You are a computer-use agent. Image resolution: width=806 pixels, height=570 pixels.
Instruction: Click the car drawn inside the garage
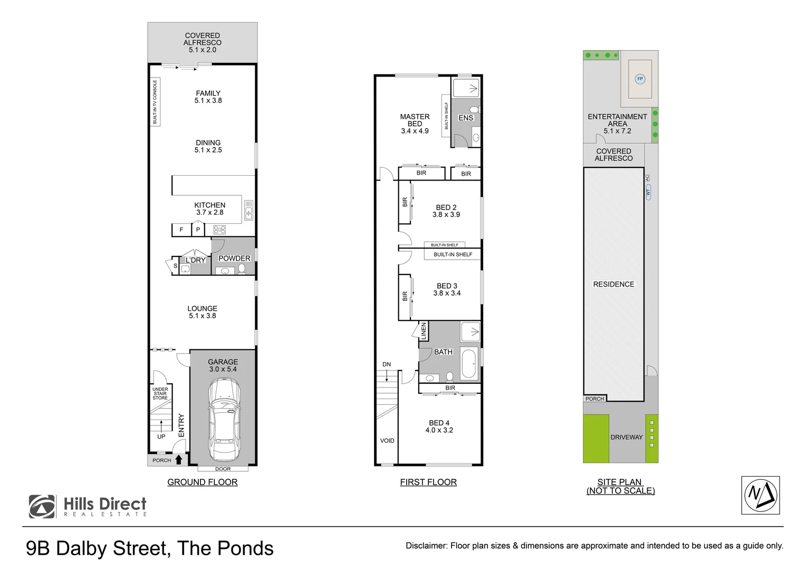click(224, 420)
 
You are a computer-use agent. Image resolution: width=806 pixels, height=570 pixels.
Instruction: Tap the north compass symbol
click(760, 495)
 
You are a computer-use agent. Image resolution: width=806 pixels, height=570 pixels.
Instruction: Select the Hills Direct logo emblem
click(42, 506)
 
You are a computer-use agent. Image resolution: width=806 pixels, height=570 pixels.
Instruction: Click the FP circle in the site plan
click(640, 79)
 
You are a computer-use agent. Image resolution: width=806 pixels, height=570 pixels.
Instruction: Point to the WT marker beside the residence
click(648, 192)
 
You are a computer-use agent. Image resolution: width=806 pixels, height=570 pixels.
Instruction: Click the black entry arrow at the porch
click(178, 460)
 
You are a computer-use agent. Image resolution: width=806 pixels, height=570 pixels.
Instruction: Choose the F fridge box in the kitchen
click(181, 230)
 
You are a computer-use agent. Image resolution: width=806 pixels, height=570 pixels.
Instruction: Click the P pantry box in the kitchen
click(198, 229)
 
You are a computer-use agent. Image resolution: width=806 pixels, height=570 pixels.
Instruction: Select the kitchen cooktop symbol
click(219, 230)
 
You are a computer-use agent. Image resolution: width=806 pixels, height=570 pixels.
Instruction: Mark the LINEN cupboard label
click(424, 331)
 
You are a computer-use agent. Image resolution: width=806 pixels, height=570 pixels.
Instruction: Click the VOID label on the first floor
click(387, 440)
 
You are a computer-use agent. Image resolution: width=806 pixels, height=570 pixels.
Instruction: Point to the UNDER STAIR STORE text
click(160, 394)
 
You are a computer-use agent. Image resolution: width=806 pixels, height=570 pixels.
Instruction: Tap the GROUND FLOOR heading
click(202, 482)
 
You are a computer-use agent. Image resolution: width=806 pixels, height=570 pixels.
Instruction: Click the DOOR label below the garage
click(223, 469)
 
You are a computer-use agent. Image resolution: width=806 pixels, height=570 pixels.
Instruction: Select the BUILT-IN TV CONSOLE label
click(155, 102)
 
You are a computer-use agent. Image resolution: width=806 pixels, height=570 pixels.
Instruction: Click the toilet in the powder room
click(242, 269)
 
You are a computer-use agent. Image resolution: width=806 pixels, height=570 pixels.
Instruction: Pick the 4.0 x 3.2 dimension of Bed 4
click(439, 430)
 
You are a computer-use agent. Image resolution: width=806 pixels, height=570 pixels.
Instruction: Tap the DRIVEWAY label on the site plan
click(627, 437)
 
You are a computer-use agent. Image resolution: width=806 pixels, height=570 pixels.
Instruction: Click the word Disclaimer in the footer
click(426, 546)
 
